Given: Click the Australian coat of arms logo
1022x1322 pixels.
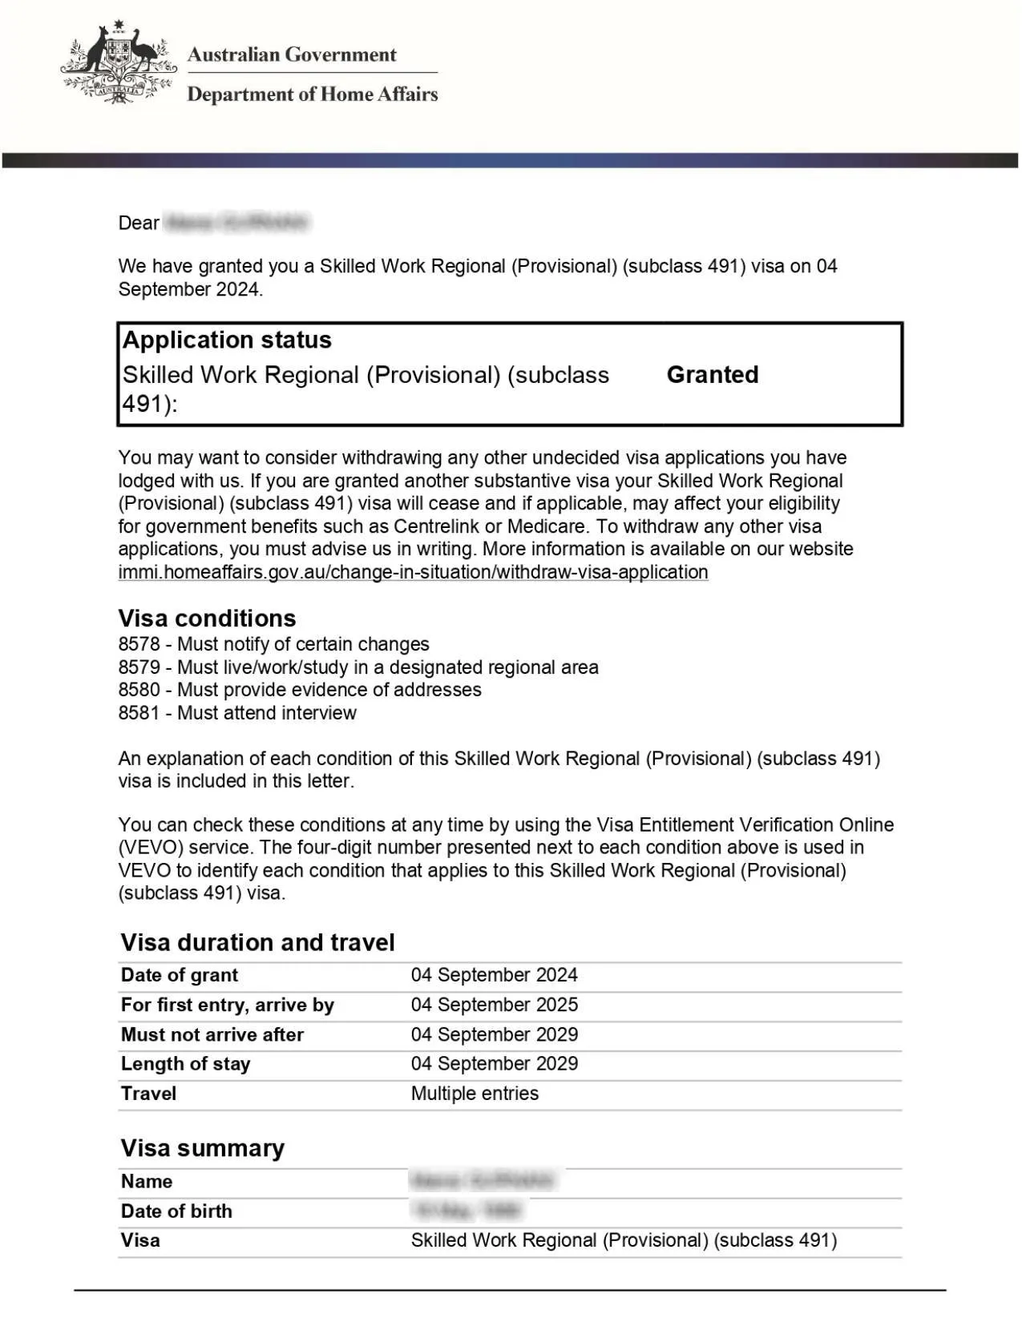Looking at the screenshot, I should (119, 62).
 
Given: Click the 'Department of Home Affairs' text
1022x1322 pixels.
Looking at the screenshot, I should (312, 95).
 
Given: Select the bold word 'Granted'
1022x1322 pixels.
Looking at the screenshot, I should (712, 374).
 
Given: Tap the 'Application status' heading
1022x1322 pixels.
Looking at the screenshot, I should (227, 340).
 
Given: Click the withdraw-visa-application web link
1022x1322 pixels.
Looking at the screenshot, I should (413, 572).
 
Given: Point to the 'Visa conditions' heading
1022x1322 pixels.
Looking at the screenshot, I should (207, 618).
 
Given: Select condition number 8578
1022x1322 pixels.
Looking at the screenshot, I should (139, 644).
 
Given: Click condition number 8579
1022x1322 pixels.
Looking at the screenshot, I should (139, 667).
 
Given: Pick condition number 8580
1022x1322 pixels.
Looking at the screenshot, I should (139, 690).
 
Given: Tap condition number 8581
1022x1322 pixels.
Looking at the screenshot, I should (139, 713).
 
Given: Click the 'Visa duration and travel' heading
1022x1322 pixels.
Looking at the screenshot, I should (257, 942).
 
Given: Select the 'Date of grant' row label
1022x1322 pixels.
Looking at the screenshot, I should (180, 975).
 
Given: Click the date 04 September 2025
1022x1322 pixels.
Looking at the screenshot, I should (494, 1005).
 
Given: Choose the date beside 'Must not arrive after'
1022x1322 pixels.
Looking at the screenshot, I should (494, 1034).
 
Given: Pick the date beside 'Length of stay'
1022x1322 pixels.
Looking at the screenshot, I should (494, 1064).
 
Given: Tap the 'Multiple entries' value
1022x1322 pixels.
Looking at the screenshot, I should (475, 1094).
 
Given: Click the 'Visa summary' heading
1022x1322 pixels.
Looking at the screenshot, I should (202, 1148).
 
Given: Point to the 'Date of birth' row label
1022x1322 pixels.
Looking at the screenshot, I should (176, 1211).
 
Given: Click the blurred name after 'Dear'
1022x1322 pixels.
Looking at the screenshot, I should (236, 222).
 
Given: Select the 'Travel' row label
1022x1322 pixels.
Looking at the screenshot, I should (148, 1094).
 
